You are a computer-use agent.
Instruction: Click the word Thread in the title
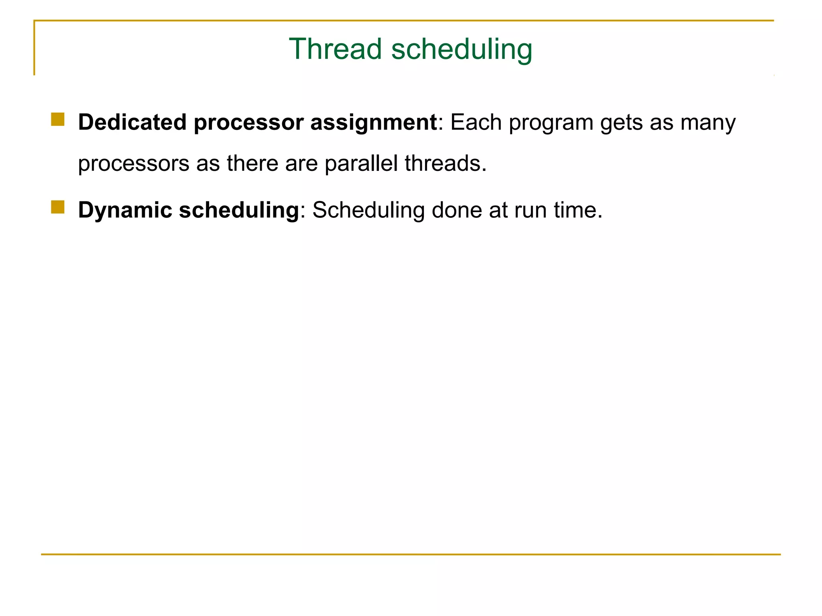point(335,49)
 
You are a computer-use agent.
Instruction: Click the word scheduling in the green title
point(462,50)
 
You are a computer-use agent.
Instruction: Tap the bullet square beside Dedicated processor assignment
point(58,120)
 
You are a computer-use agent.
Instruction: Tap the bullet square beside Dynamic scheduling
point(58,207)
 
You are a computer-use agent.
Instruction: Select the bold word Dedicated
point(132,122)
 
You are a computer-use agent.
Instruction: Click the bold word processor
point(248,123)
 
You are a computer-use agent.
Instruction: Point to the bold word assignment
point(373,123)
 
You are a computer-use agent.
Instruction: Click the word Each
point(476,122)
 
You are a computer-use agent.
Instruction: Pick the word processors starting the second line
point(134,164)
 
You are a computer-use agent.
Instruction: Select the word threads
point(446,163)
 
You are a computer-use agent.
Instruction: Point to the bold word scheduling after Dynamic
point(239,211)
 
